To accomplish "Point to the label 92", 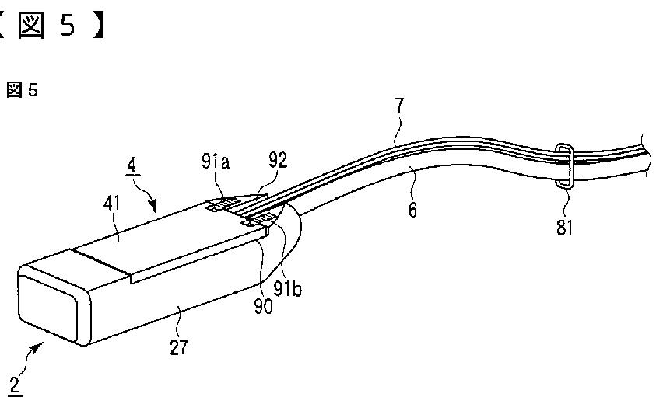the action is (278, 161).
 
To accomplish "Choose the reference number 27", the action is (179, 347).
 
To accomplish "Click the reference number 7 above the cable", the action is (399, 106).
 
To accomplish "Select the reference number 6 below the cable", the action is (412, 210).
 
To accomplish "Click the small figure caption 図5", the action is (22, 91).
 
